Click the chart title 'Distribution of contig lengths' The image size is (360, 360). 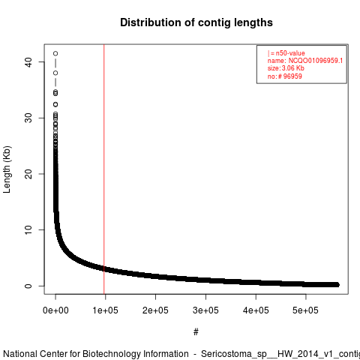tap(196, 22)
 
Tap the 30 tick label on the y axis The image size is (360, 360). tap(28, 118)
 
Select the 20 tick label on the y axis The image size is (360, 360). tap(28, 174)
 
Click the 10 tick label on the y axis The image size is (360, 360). tap(28, 230)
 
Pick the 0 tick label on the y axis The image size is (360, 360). tap(28, 286)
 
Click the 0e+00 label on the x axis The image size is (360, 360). tap(55, 310)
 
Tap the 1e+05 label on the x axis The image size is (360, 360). tap(105, 310)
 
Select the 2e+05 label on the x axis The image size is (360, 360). tap(155, 310)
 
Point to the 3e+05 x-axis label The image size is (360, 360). tap(205, 310)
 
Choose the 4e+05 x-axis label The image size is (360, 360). tap(256, 310)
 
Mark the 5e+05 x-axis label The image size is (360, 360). tap(306, 310)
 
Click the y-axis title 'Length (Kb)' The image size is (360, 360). tap(7, 169)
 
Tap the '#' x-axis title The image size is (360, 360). tap(196, 332)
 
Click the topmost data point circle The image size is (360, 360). tap(55, 53)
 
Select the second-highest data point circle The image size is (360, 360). tap(55, 73)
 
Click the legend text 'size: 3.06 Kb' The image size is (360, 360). tap(286, 68)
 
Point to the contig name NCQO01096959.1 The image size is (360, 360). tap(316, 61)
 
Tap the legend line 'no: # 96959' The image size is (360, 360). tap(285, 76)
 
